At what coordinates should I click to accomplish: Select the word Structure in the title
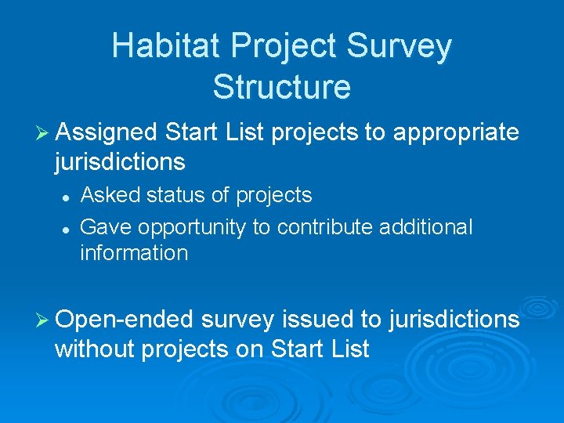(281, 86)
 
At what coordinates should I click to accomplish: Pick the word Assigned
(107, 133)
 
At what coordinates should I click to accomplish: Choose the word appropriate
(455, 133)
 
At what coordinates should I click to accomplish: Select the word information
(134, 253)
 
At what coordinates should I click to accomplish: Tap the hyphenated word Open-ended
(125, 320)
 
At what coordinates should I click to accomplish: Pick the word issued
(317, 320)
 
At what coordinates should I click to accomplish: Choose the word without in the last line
(94, 349)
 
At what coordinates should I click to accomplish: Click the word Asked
(107, 195)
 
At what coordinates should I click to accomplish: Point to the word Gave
(105, 227)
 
